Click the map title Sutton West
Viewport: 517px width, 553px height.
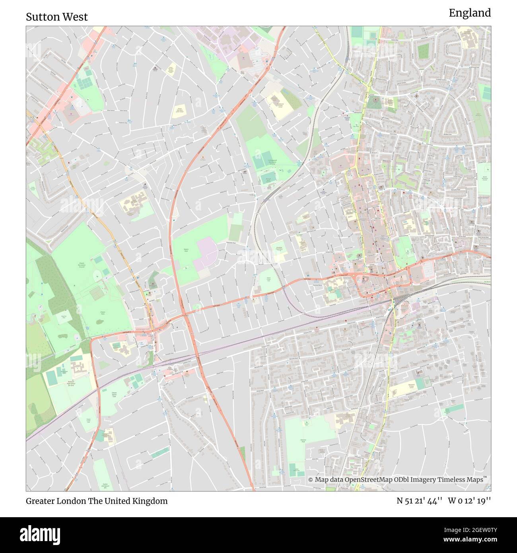coord(57,17)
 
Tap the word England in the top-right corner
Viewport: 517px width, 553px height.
coord(470,13)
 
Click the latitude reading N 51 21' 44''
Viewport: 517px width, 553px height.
coord(420,501)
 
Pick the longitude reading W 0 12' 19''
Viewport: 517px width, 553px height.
coord(469,501)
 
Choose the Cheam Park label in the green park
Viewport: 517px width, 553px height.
coord(103,313)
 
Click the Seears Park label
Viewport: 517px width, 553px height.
coord(186,250)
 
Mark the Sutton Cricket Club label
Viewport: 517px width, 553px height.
coord(269,280)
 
